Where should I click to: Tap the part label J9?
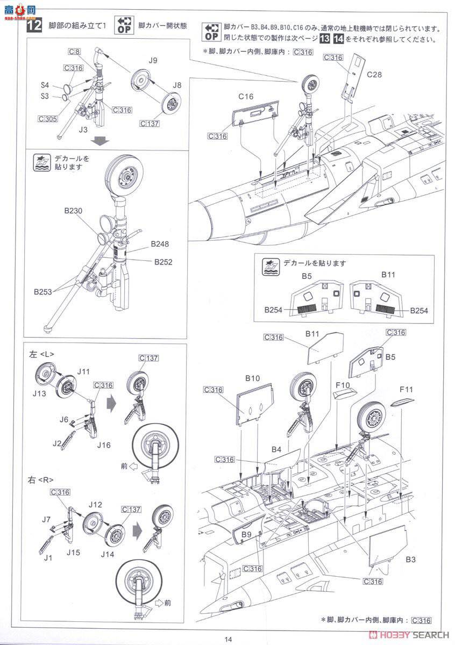coord(153,61)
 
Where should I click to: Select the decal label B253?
coord(42,292)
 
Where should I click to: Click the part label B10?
coord(253,378)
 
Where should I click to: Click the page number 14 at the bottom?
coord(228,639)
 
